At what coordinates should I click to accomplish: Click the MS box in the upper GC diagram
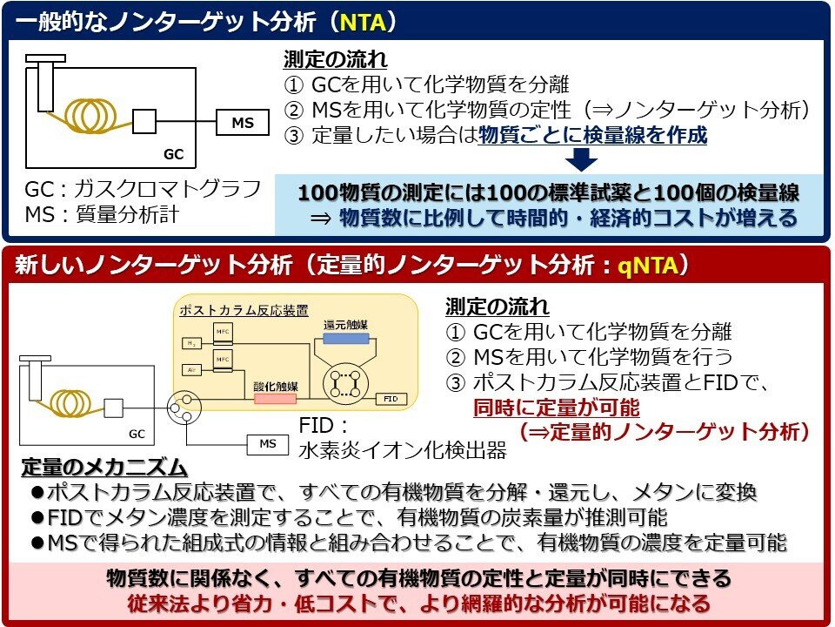243,123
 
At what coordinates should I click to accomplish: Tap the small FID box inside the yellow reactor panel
391,398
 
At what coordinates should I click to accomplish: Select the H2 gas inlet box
191,343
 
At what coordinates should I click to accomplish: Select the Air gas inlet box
191,369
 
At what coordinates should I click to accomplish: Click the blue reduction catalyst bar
345,340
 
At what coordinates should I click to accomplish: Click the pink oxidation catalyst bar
275,397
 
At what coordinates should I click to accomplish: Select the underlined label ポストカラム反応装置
232,311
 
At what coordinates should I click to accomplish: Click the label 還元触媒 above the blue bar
345,324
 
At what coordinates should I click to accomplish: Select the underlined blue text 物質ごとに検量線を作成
592,135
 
